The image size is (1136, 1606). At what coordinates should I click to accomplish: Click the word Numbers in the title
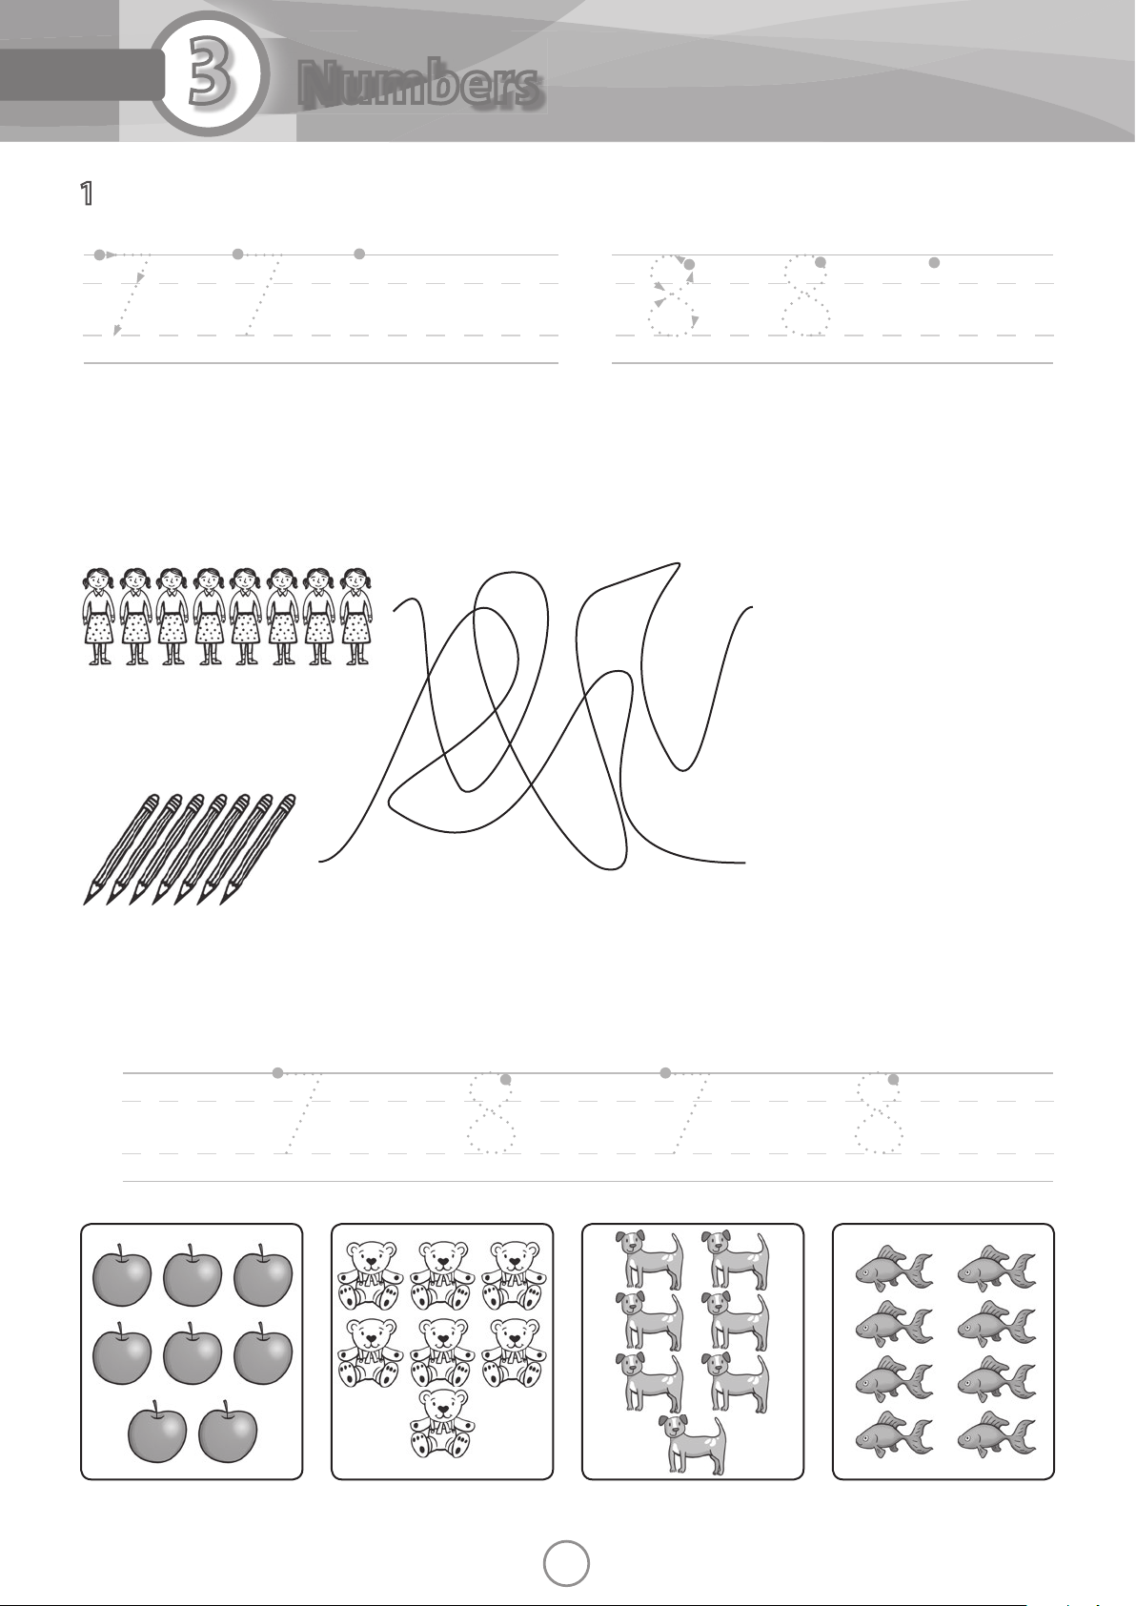coord(420,87)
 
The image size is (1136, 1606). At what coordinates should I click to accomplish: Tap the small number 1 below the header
coord(86,194)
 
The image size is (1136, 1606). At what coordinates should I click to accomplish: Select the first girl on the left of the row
coord(99,617)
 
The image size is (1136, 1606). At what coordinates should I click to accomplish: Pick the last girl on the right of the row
coord(356,617)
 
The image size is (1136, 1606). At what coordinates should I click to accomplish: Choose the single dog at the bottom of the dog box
coord(692,1445)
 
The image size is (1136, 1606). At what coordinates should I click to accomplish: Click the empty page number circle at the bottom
coord(566,1564)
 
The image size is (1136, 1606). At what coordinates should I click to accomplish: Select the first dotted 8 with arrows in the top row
coord(673,296)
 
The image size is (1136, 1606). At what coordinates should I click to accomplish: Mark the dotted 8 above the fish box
coord(879,1113)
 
